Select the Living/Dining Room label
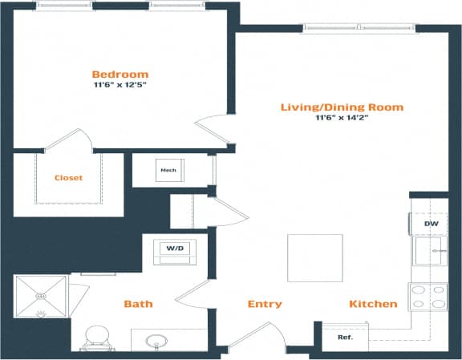(x=342, y=107)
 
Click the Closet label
(x=68, y=178)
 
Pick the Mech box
(x=168, y=171)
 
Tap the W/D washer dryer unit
(x=175, y=249)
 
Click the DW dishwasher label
(x=431, y=224)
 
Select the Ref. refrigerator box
(x=345, y=338)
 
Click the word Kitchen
(x=373, y=304)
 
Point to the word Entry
(x=265, y=304)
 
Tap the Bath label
(x=138, y=304)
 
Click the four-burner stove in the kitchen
(x=428, y=297)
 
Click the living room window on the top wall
(x=359, y=30)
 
